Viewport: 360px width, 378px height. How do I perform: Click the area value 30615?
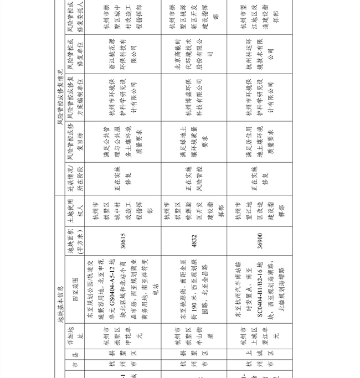click(123, 242)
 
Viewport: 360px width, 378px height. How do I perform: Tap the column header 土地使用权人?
click(75, 211)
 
